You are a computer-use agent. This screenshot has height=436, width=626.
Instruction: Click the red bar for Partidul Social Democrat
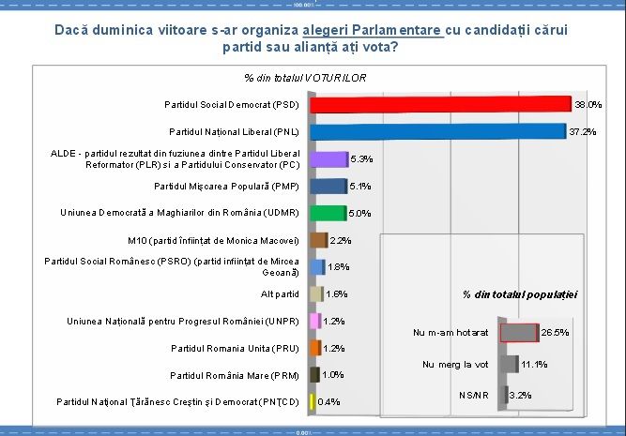coord(440,104)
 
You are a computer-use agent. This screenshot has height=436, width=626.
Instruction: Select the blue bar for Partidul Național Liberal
coord(437,131)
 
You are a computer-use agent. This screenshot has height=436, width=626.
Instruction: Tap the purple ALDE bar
coord(328,158)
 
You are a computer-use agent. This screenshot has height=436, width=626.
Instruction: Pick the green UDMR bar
coord(328,213)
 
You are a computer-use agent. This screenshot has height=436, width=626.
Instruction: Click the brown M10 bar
coord(318,240)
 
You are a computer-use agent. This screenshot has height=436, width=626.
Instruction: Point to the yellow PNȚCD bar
coord(312,402)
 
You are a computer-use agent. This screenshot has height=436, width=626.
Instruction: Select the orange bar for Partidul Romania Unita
coord(315,348)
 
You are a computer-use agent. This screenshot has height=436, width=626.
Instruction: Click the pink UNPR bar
coord(315,321)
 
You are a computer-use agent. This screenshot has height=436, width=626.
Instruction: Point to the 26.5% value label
coord(556,332)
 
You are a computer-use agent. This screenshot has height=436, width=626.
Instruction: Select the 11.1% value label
coord(534,364)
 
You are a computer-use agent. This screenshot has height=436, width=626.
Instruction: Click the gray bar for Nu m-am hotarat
coord(518,332)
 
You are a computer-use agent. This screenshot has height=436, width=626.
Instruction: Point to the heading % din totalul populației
coord(520,294)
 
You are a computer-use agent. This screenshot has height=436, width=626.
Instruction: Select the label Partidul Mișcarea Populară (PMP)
coord(226,186)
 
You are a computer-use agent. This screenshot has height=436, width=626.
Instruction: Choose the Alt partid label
coord(280,294)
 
